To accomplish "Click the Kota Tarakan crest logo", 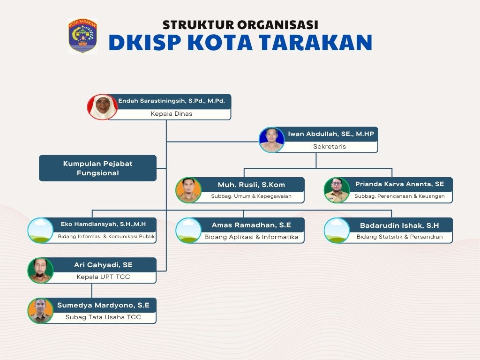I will tap(82, 36).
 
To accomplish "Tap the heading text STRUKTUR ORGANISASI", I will tap(240, 24).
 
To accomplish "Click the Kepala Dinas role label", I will tap(171, 114).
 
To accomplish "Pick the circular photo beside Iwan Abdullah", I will tap(272, 140).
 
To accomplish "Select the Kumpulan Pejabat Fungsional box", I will tap(97, 168).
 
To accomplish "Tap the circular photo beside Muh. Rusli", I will tap(188, 190).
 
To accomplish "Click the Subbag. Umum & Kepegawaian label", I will tap(251, 196).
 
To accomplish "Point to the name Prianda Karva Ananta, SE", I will tap(399, 184).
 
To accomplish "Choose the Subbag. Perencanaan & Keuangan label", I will tap(399, 196).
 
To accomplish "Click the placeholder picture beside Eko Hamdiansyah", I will tap(41, 230).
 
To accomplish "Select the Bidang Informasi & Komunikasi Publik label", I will tap(106, 237).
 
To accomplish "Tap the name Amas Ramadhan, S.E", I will tap(251, 225).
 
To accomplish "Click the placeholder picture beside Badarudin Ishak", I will tap(337, 230).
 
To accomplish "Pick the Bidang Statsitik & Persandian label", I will tap(399, 237).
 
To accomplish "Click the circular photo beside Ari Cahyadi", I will tap(40, 270).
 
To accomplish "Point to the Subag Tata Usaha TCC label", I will tap(103, 317).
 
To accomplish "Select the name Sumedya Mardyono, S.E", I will tap(103, 305).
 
